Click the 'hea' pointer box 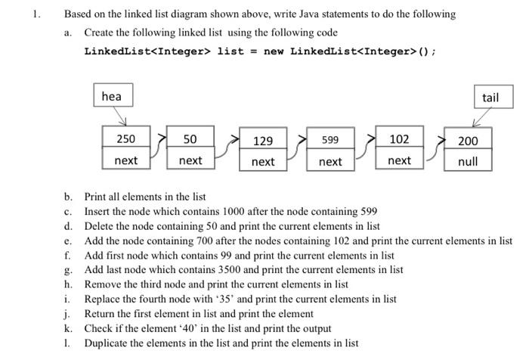click(113, 96)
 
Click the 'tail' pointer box click(490, 98)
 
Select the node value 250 click(125, 139)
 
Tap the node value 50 click(190, 139)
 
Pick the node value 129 click(263, 141)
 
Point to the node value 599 click(330, 141)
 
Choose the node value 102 click(399, 139)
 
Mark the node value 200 click(468, 141)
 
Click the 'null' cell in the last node click(468, 161)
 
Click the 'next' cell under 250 click(125, 160)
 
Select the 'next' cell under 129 click(263, 162)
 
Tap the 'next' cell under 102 click(399, 160)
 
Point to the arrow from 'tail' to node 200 click(481, 117)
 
